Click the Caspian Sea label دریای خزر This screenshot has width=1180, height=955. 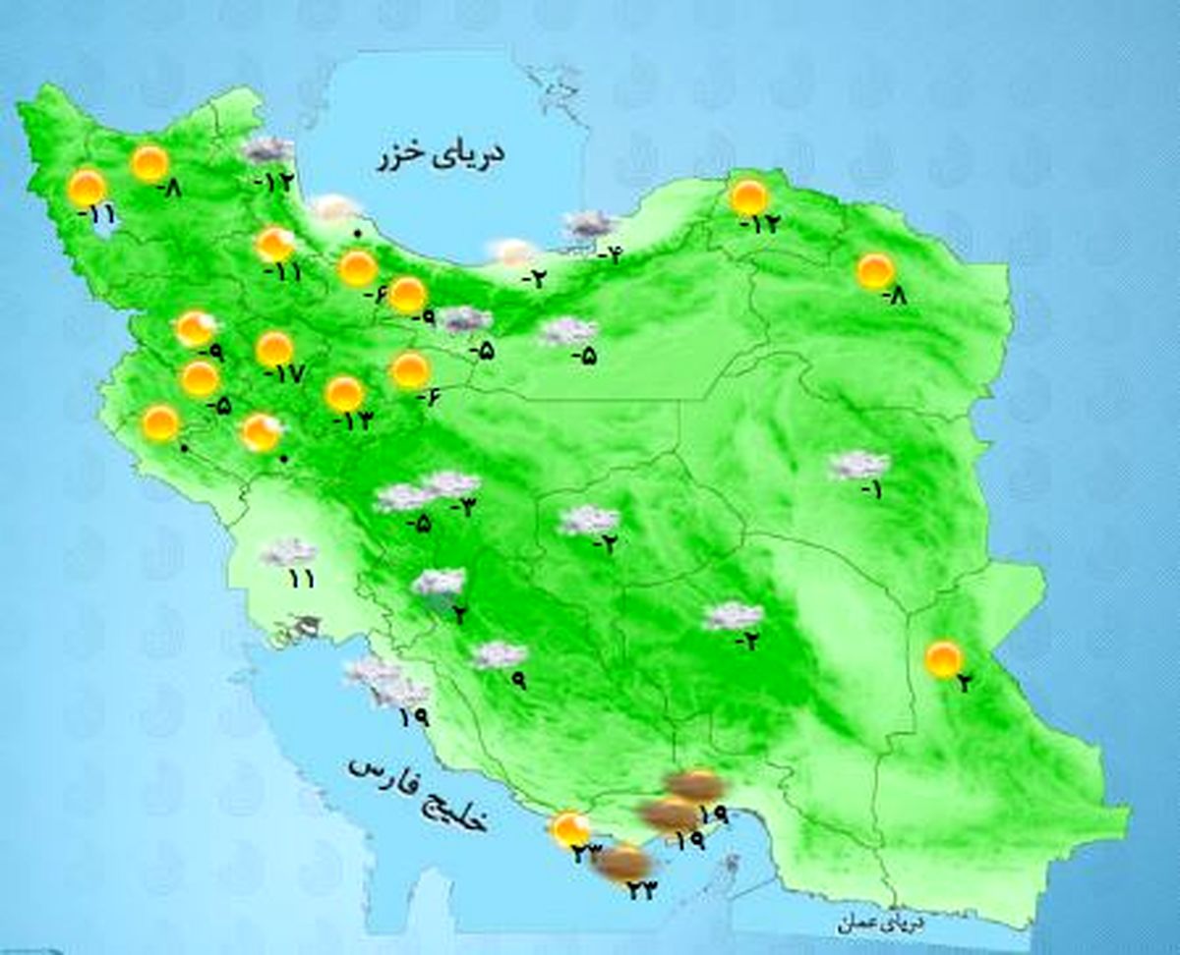click(440, 157)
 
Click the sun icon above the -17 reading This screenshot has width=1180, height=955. click(274, 349)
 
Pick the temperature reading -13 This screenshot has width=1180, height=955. click(353, 420)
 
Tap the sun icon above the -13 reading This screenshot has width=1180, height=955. click(344, 394)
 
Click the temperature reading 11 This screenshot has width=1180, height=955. click(301, 579)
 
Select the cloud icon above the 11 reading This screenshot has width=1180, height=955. click(288, 552)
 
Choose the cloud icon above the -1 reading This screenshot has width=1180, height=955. click(858, 465)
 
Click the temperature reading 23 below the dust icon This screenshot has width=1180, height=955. click(640, 890)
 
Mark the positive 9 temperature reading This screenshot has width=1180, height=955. click(517, 680)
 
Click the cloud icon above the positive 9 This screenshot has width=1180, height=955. click(500, 654)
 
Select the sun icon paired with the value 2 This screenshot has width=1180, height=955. click(944, 658)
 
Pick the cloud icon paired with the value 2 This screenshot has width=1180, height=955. click(439, 583)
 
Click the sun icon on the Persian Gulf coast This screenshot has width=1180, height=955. click(569, 828)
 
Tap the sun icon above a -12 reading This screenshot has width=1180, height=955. click(749, 197)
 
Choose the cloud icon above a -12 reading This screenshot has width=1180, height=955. click(266, 150)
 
